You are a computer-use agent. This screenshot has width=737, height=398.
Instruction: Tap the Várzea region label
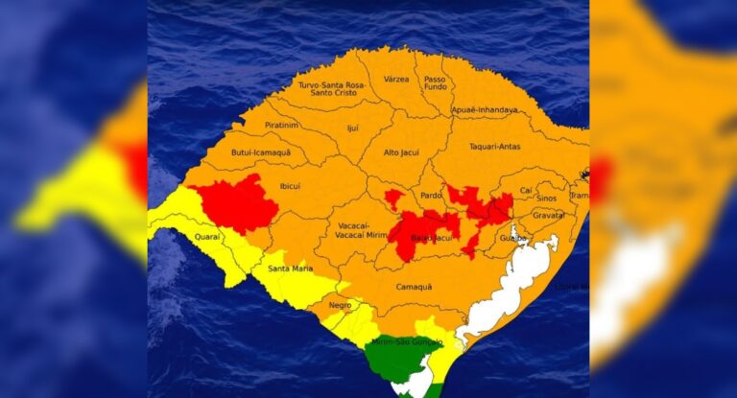tap(396, 79)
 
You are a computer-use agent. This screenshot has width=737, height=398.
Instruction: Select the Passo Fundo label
tap(436, 83)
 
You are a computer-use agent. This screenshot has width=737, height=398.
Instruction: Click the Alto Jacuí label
tap(403, 152)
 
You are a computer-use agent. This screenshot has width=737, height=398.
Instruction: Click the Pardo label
tap(432, 195)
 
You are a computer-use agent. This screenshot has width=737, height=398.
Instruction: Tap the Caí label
tap(526, 190)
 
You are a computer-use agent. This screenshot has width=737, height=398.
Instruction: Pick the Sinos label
tap(546, 198)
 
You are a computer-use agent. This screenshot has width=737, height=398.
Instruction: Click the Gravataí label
tap(548, 215)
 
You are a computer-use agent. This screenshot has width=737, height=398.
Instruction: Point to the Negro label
tap(340, 305)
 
